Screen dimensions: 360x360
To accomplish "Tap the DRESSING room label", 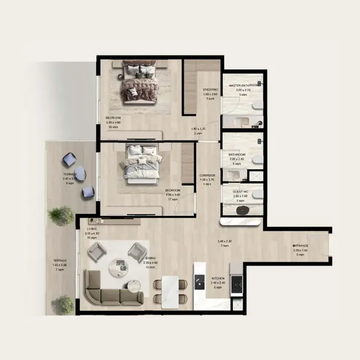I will [x=210, y=90].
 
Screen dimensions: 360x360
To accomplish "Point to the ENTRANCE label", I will [x=301, y=245].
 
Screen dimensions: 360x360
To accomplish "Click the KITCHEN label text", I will [x=218, y=279].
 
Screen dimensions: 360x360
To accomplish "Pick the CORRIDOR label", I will [x=207, y=175].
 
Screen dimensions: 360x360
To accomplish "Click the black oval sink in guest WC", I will [x=246, y=210].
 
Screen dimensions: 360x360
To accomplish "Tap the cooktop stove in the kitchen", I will [x=236, y=283].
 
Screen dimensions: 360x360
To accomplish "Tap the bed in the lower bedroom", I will [x=140, y=164].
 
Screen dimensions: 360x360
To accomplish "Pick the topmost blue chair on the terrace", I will [x=70, y=159].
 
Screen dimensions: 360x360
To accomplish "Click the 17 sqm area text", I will [x=171, y=199].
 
